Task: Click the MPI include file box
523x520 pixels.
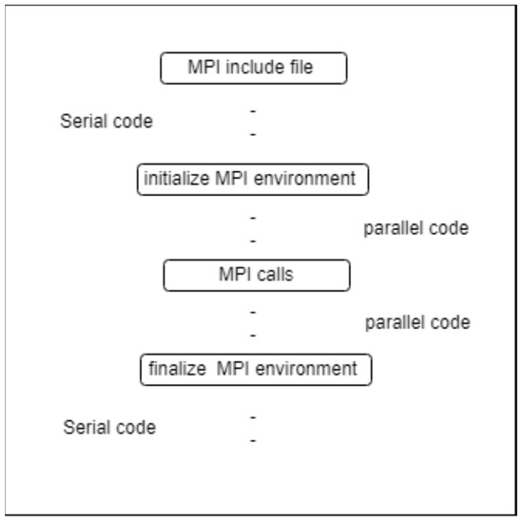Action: click(254, 68)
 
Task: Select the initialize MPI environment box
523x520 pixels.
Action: click(252, 179)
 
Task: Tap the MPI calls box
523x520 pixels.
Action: click(257, 275)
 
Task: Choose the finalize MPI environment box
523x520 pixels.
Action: click(256, 369)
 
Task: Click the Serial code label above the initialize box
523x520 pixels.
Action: click(106, 122)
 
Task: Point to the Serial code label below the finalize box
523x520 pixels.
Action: click(109, 428)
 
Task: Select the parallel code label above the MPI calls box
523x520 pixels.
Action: click(416, 229)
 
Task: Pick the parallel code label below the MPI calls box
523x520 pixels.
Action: click(417, 323)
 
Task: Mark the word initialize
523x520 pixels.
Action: click(177, 179)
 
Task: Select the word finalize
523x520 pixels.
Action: click(178, 369)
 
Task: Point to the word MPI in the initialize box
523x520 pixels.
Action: click(232, 179)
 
